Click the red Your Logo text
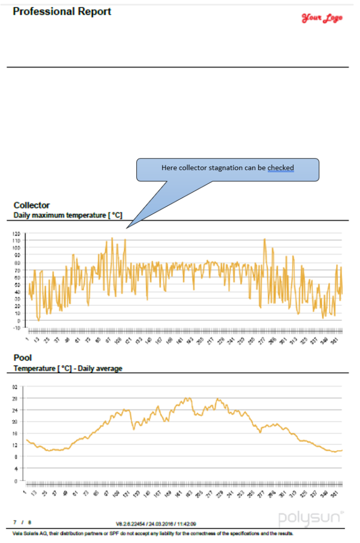(322, 18)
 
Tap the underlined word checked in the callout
(280, 168)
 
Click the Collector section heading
(31, 205)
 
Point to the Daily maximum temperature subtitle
(68, 215)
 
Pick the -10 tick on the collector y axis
(16, 328)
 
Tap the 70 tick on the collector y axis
(17, 270)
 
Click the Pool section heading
(23, 358)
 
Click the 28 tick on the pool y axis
(16, 398)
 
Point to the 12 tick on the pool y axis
(16, 445)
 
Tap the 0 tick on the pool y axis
(17, 481)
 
